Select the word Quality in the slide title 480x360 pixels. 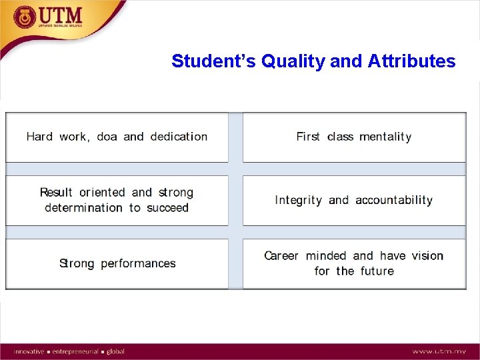tap(294, 61)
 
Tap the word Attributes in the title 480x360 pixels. tap(411, 61)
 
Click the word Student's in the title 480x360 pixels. tap(214, 61)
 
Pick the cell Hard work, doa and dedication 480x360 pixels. tap(117, 137)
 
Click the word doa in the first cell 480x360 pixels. tap(107, 137)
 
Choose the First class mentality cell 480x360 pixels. tap(354, 137)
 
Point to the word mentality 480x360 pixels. tap(385, 137)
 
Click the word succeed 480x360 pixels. tap(168, 208)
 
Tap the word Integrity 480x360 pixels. tap(299, 200)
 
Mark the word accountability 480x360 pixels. tap(394, 200)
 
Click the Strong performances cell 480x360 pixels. tap(117, 263)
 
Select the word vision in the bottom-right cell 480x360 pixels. tap(427, 256)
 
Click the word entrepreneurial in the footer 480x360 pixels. tap(75, 351)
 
